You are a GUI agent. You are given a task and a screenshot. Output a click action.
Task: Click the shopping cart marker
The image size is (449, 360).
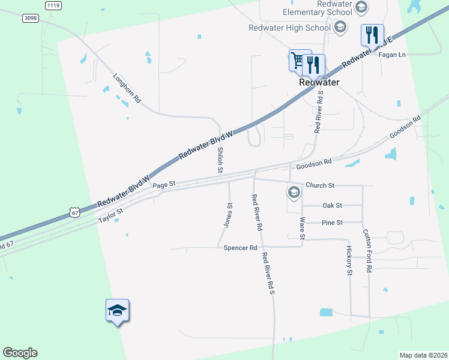tap(298, 59)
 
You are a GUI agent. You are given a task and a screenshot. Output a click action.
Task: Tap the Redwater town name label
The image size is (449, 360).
tap(319, 82)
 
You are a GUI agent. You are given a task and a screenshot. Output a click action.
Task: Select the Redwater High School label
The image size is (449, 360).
tap(289, 28)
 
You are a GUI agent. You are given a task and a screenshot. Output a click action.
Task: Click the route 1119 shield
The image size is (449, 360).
tap(53, 5)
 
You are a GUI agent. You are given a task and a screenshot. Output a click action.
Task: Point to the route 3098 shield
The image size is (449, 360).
tap(31, 18)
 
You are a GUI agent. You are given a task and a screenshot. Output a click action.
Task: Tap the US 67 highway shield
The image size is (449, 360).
tap(74, 212)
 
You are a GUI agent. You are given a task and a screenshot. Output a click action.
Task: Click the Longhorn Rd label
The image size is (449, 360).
tap(127, 88)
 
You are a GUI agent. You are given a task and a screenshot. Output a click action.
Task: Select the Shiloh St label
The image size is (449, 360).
tap(220, 160)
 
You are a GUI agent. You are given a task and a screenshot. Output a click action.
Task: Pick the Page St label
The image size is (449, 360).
tap(163, 185)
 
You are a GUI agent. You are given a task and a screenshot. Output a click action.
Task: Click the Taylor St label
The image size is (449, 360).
tap(111, 215)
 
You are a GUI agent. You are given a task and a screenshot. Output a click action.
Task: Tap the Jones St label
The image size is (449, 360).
tap(228, 214)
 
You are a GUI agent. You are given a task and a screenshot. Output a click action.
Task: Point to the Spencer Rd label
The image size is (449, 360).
tap(240, 247)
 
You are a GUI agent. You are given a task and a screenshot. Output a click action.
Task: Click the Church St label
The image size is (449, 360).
tap(319, 185)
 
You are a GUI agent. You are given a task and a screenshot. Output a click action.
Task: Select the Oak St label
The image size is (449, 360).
tap(332, 205)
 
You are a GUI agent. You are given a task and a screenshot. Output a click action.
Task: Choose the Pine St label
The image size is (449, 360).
tap(332, 223)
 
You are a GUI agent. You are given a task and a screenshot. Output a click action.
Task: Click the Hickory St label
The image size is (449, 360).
tap(349, 260)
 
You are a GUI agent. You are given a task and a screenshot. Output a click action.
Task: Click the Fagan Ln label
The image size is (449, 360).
tap(393, 55)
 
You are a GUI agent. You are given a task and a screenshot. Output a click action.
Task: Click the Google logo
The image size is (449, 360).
tap(20, 353)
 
